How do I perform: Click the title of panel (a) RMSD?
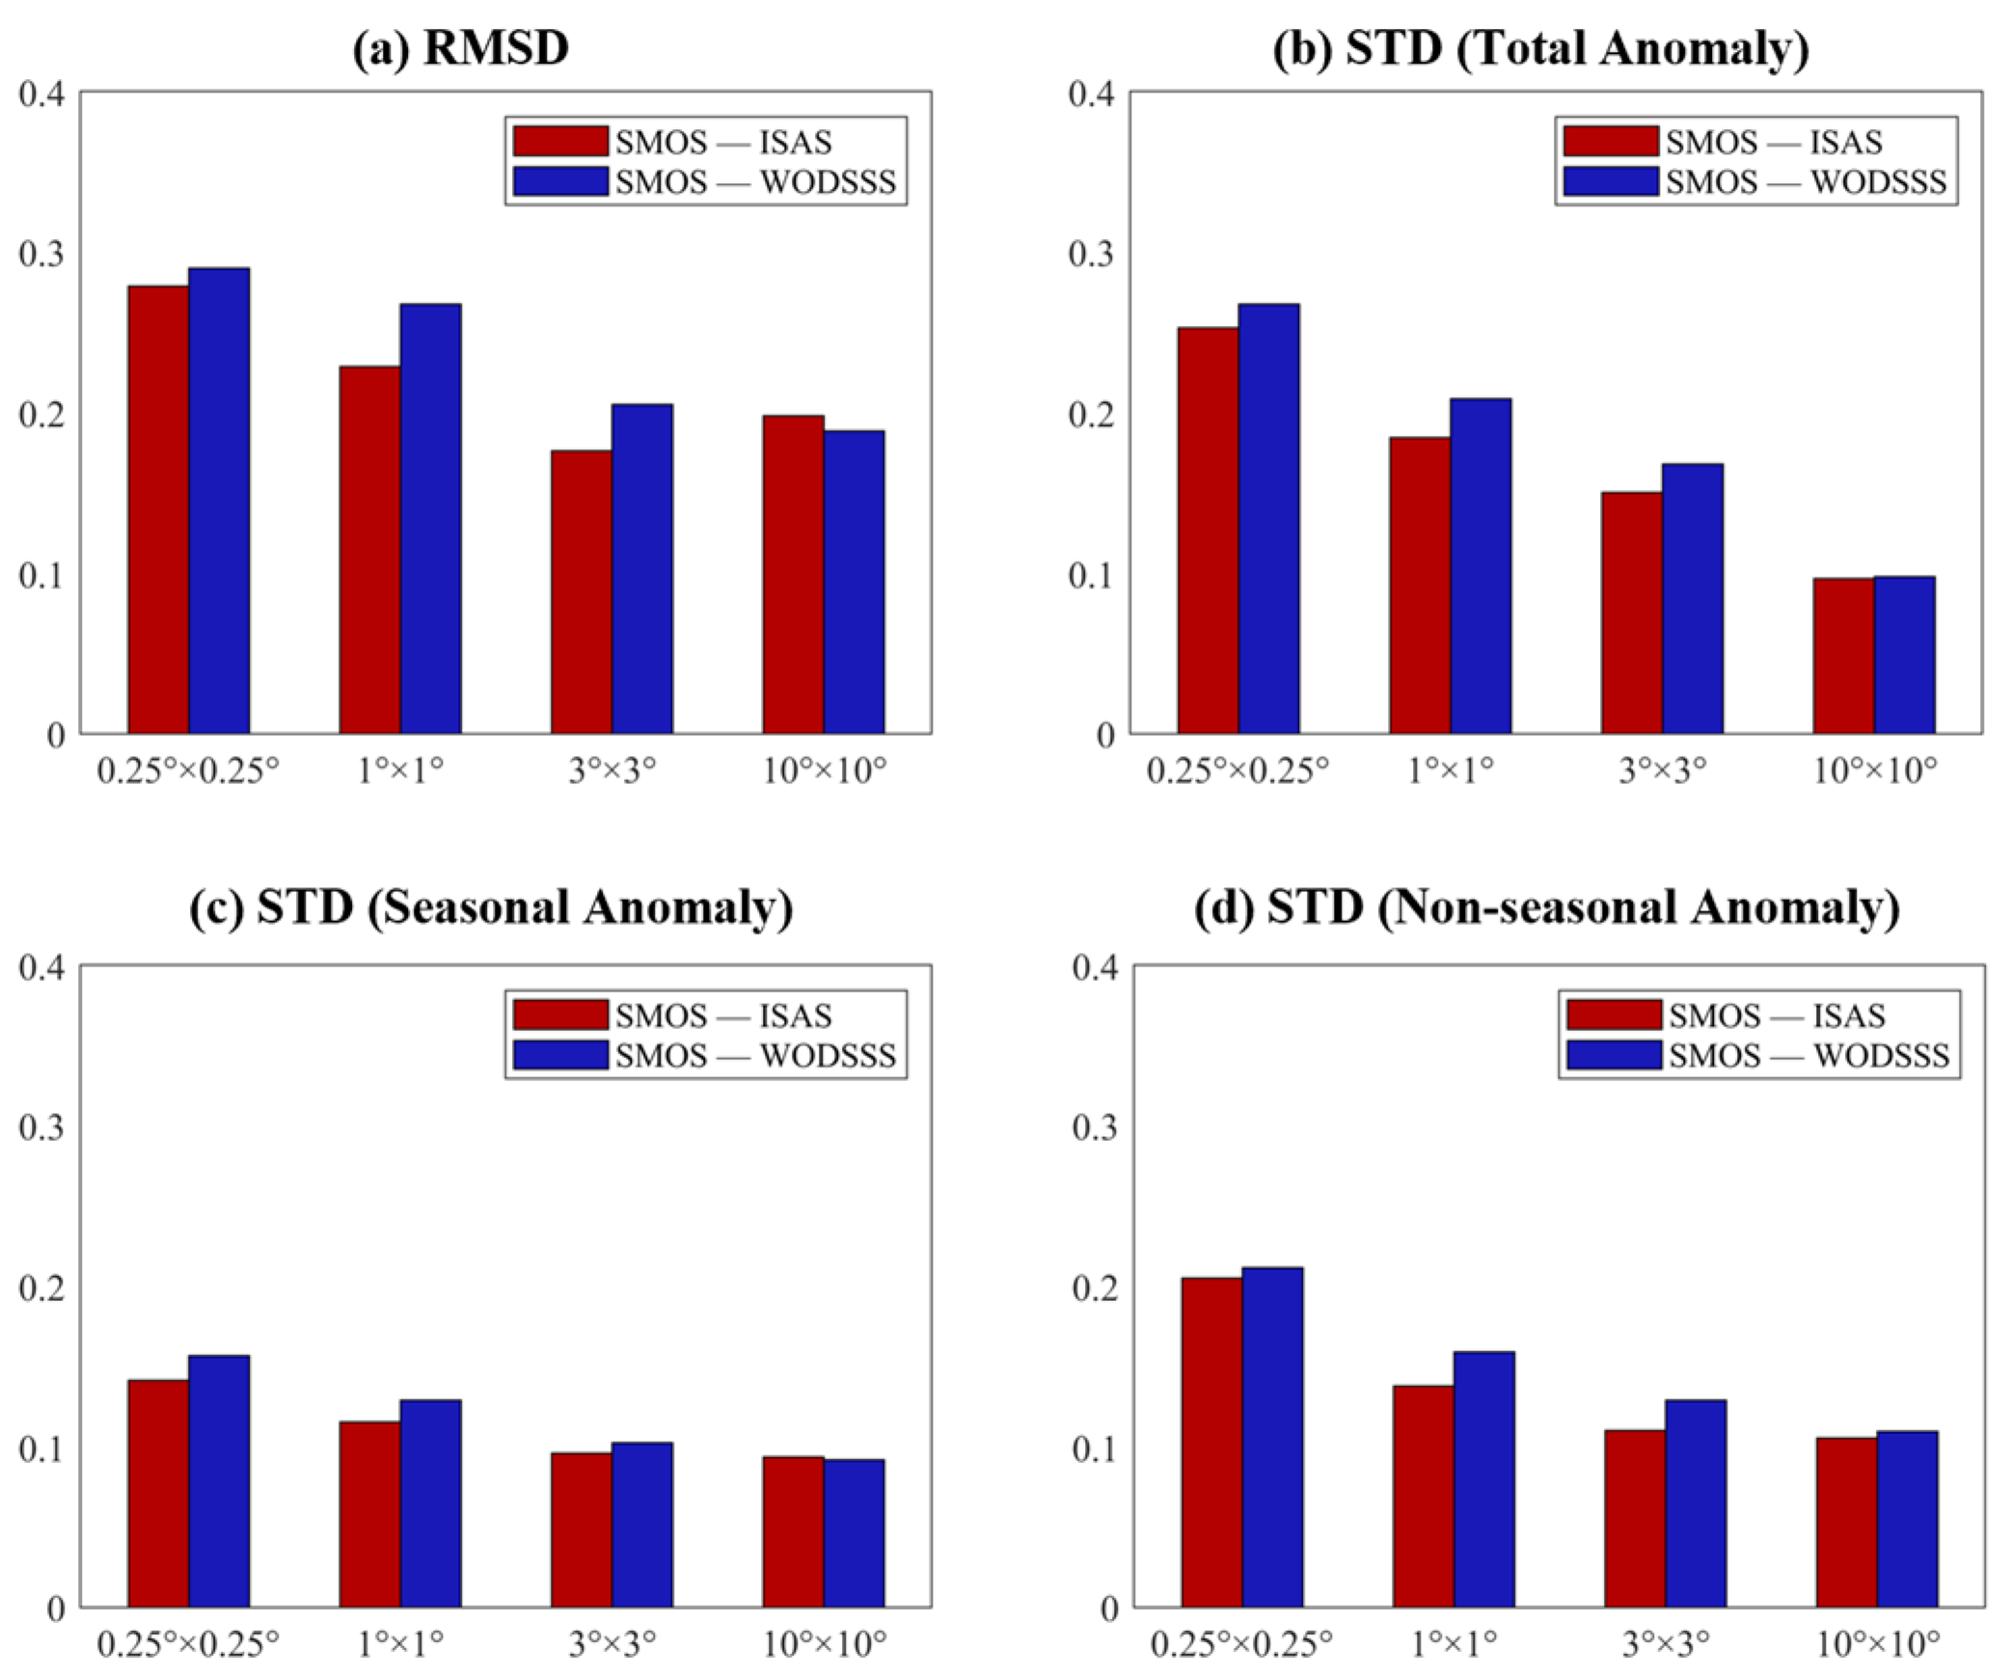click(x=461, y=48)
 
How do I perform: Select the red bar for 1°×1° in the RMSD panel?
click(x=369, y=550)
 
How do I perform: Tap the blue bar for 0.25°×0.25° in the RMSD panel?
click(x=219, y=501)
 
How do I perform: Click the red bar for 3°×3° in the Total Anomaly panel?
click(x=1631, y=612)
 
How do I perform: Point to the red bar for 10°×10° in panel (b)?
click(x=1842, y=656)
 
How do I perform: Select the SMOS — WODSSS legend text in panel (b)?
click(x=1806, y=181)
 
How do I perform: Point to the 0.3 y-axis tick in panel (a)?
click(x=41, y=254)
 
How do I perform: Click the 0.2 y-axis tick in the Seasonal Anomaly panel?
click(x=41, y=1287)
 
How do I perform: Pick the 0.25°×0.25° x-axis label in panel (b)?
click(x=1237, y=771)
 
